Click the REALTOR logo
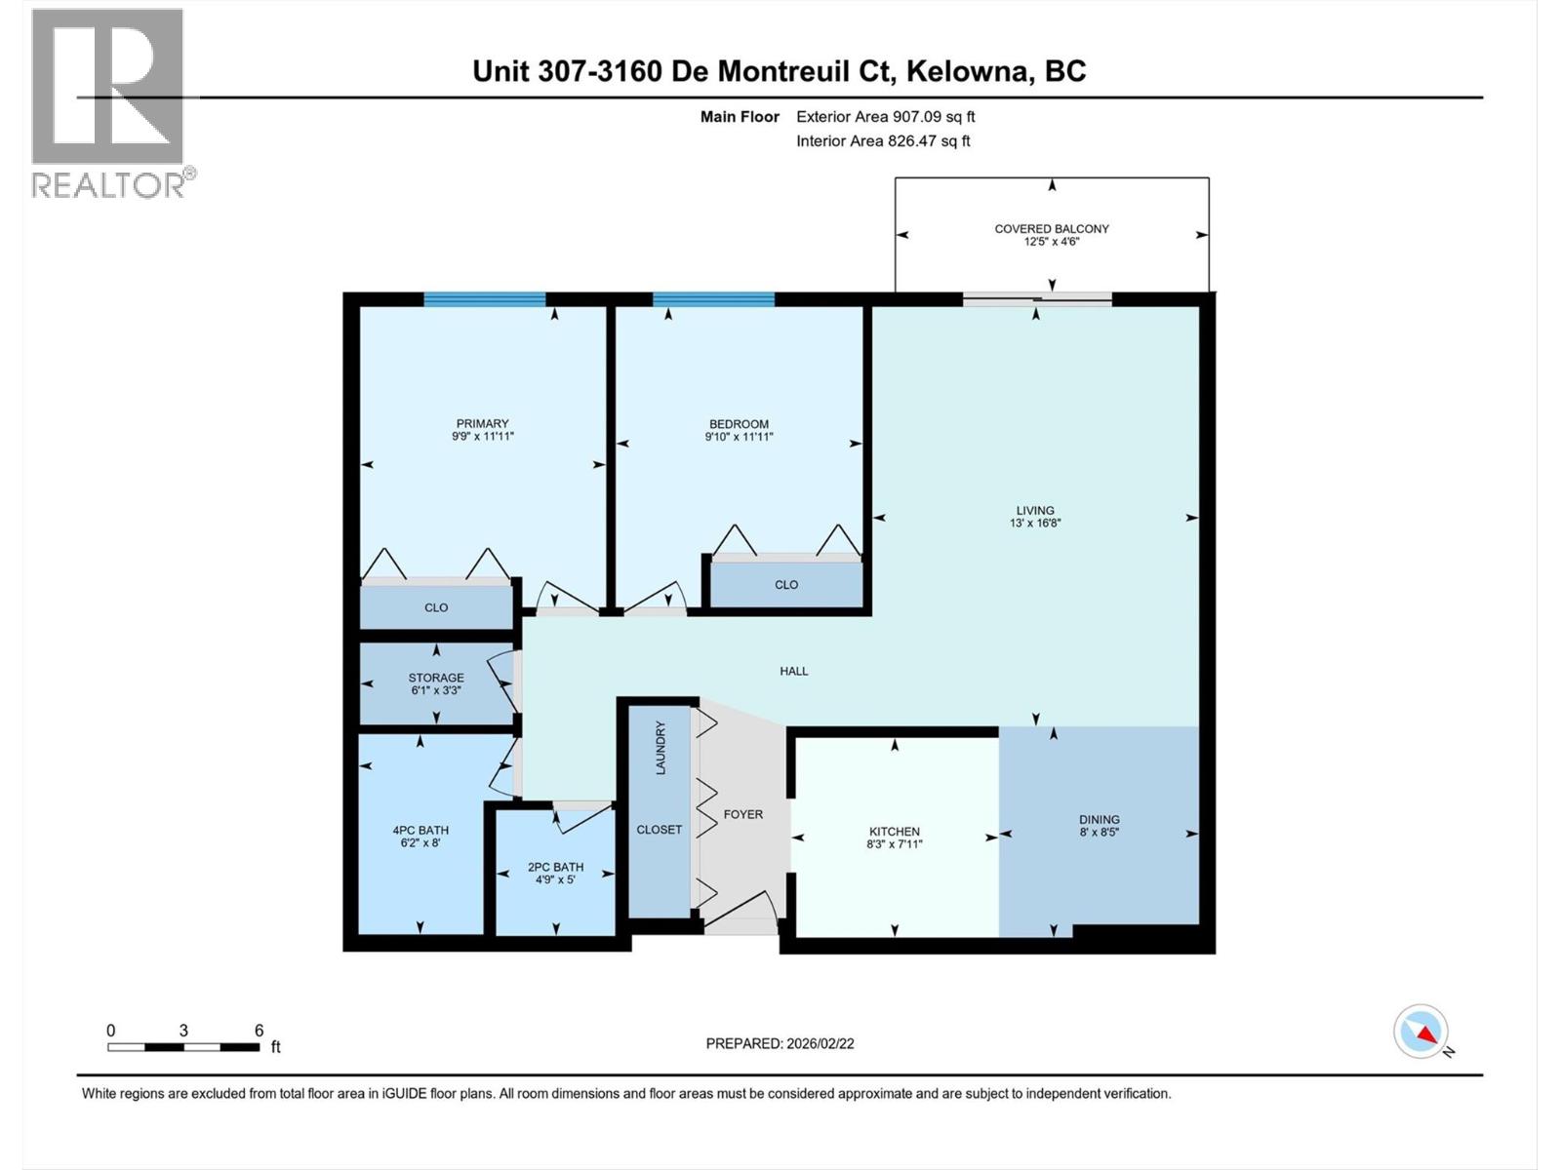(x=108, y=102)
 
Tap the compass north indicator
(x=1421, y=1032)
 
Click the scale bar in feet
(x=183, y=1047)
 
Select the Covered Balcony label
(x=1052, y=229)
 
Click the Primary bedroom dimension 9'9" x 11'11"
(x=482, y=437)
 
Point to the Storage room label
(x=436, y=678)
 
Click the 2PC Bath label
(x=555, y=867)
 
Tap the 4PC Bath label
(x=420, y=831)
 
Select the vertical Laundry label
(x=660, y=749)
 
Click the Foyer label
(x=742, y=814)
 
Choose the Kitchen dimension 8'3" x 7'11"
(x=895, y=844)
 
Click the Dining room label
(x=1100, y=820)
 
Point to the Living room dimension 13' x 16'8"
(x=1035, y=523)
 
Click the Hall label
(x=794, y=671)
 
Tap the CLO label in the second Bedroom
(x=786, y=585)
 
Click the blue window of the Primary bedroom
(x=484, y=300)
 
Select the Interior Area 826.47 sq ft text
(x=883, y=140)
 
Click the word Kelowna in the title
(x=969, y=71)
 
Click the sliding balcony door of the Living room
(x=1037, y=299)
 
